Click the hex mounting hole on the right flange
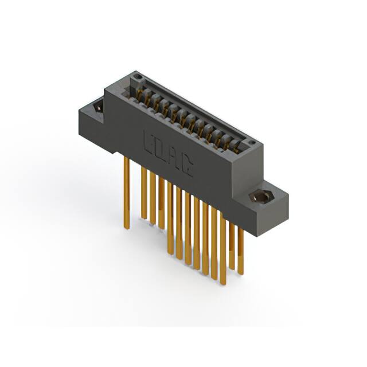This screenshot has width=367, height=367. pos(261,197)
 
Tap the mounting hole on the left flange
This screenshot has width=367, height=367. pos(98,106)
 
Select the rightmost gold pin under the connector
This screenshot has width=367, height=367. pos(241,247)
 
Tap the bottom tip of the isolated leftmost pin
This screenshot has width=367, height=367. pos(127,228)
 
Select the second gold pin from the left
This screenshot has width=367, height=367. pos(144,192)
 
